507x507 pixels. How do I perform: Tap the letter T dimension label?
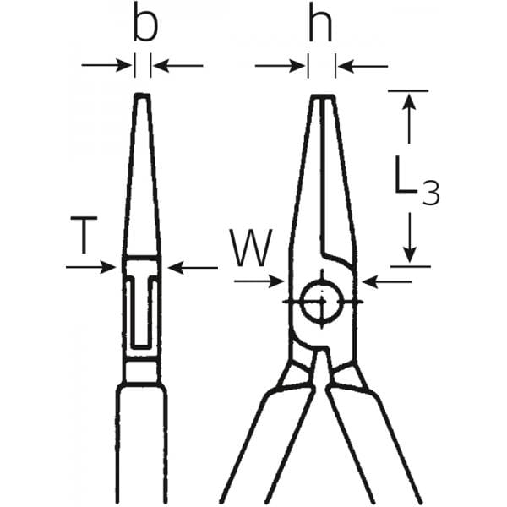click(x=84, y=236)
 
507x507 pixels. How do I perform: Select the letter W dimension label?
click(x=251, y=248)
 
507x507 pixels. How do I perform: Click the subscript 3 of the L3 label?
click(x=431, y=193)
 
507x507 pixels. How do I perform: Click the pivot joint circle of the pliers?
click(x=322, y=302)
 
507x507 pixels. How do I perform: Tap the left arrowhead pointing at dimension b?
click(x=124, y=65)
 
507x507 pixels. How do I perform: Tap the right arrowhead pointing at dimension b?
click(x=161, y=66)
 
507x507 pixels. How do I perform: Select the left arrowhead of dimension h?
click(x=297, y=66)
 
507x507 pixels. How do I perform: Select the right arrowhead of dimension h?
click(x=346, y=66)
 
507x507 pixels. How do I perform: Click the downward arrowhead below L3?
click(x=410, y=254)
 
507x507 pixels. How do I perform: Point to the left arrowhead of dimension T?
click(x=108, y=267)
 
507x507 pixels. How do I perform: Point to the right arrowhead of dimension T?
click(x=177, y=268)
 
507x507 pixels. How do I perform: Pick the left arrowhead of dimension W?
click(x=276, y=281)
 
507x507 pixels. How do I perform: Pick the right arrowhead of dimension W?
click(x=370, y=282)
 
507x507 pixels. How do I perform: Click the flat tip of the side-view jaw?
click(x=142, y=95)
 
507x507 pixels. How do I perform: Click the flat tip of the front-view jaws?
click(x=323, y=96)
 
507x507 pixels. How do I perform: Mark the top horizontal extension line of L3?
click(x=408, y=91)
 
